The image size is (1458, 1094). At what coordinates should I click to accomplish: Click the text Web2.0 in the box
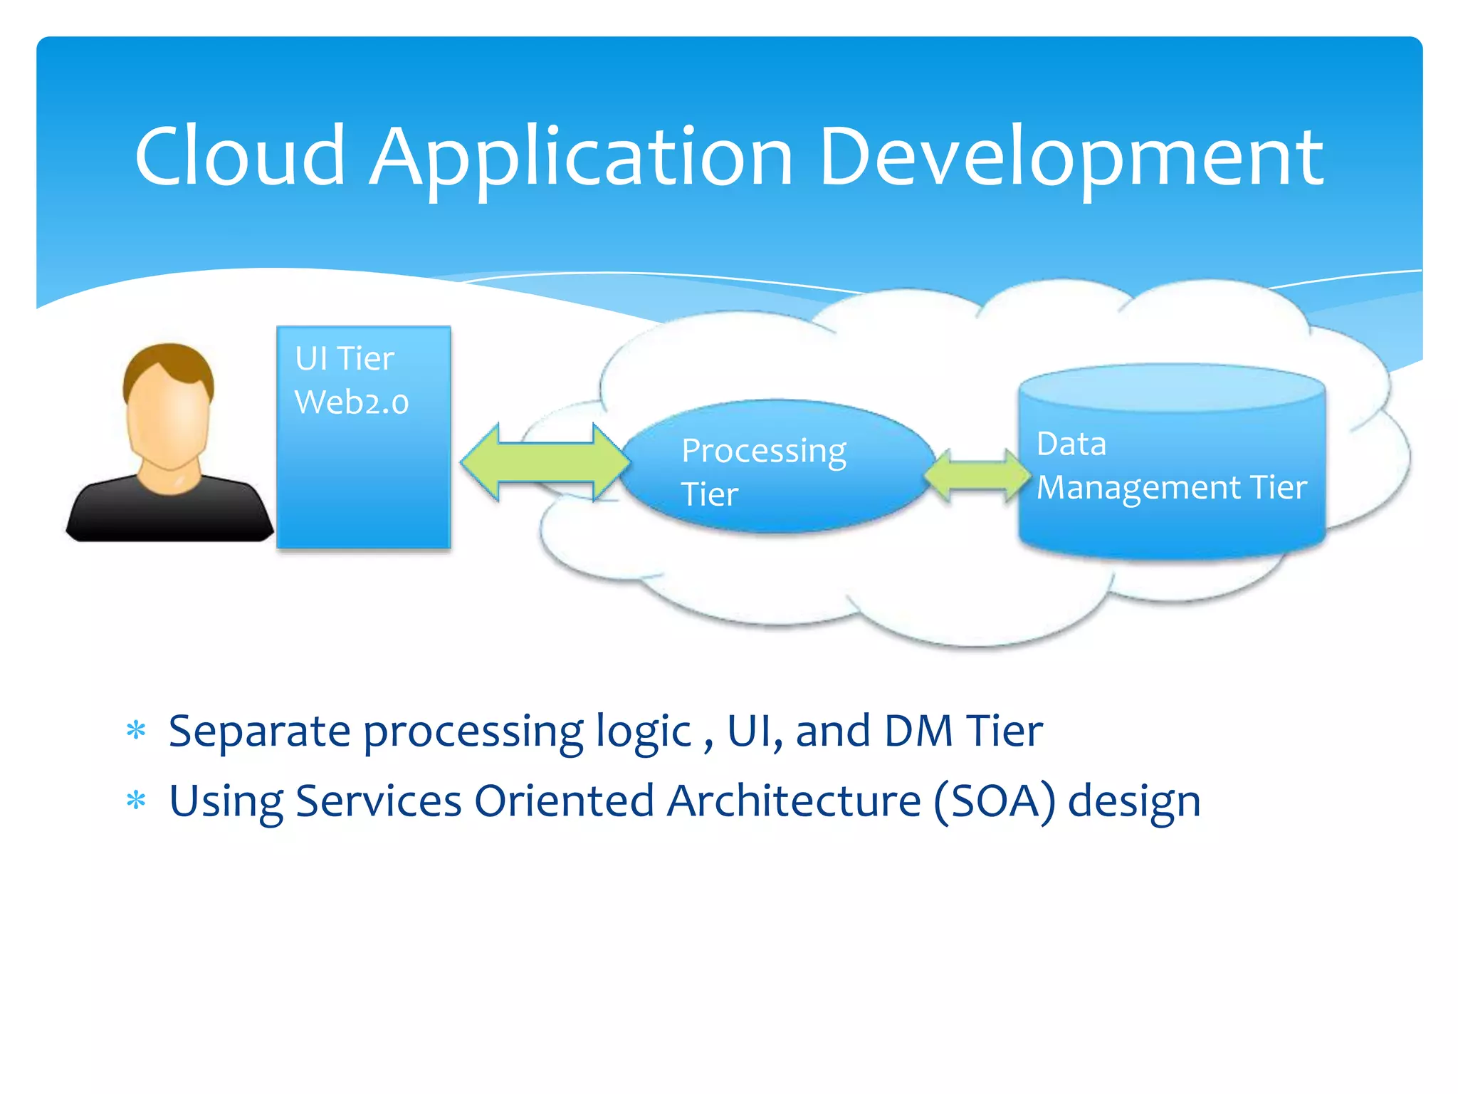click(x=352, y=402)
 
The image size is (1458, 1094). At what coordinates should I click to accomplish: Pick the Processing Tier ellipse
click(x=776, y=467)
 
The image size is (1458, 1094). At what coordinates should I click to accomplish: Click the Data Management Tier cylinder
click(x=1171, y=499)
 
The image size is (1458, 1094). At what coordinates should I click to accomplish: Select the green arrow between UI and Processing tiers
click(x=545, y=462)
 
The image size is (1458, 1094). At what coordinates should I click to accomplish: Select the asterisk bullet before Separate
click(x=135, y=731)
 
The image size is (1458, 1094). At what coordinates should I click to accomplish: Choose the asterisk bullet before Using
click(x=135, y=801)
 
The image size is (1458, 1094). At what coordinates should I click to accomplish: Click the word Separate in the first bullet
click(x=259, y=731)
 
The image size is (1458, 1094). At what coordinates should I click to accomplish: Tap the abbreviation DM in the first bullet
click(x=918, y=731)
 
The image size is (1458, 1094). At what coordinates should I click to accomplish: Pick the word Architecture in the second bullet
click(x=794, y=801)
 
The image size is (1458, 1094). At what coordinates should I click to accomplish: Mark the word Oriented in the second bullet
click(x=564, y=801)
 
